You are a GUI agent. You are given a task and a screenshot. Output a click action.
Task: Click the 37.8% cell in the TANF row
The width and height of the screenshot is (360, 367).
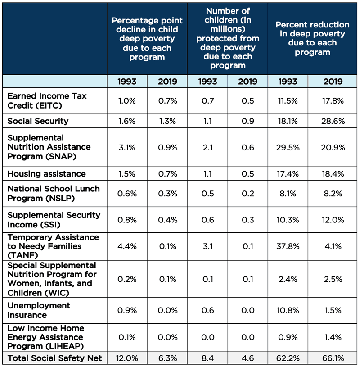[x=288, y=246]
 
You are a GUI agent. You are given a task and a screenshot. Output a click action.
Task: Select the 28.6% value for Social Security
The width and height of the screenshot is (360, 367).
[x=333, y=121]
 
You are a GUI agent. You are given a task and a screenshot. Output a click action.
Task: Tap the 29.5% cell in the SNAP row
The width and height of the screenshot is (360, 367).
[x=288, y=147]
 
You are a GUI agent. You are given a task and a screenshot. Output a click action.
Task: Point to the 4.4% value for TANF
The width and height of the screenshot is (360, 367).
[x=127, y=246]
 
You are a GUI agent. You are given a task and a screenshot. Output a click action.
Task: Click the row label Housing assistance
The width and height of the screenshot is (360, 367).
[x=46, y=174]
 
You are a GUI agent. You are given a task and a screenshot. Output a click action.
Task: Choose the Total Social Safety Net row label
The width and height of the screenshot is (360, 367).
[x=54, y=358]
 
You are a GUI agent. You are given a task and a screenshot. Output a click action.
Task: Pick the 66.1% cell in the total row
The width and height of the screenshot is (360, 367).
[x=333, y=358]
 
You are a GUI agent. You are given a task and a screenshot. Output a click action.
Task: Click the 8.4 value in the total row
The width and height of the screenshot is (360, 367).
[x=207, y=358]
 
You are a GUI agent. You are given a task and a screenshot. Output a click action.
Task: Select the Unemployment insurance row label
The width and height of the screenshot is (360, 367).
[x=39, y=310]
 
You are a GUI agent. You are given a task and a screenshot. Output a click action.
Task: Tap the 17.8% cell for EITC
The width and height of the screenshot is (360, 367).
[x=333, y=101]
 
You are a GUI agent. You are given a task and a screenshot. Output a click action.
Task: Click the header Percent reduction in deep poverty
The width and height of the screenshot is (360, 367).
[x=312, y=38]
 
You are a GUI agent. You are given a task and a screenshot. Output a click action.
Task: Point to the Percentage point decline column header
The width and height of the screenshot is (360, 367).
[x=147, y=39]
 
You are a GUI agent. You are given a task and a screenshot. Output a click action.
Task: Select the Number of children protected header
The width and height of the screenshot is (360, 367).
[x=228, y=38]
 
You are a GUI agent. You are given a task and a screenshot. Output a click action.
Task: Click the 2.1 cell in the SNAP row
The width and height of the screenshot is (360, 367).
[x=207, y=147]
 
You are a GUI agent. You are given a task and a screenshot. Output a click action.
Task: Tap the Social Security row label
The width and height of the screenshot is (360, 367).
[x=38, y=121]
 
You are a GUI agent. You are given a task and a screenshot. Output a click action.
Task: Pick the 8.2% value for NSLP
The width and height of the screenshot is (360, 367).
[x=333, y=194]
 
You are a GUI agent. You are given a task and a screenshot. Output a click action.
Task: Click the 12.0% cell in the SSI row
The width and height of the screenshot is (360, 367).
[x=333, y=220]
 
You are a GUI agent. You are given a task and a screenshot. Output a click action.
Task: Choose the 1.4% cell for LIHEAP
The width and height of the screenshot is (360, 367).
[x=333, y=337]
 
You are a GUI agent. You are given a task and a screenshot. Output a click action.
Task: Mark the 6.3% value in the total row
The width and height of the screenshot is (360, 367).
[x=167, y=358]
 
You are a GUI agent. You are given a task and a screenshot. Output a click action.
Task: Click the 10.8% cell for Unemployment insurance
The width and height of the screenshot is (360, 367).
[x=288, y=310]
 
